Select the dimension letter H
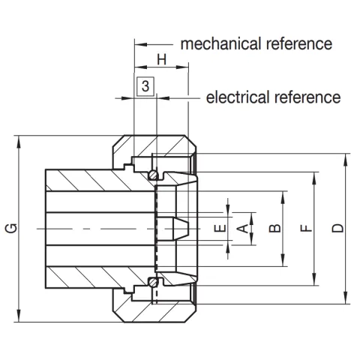pyautogui.click(x=160, y=59)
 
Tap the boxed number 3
pyautogui.click(x=145, y=88)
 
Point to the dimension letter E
pyautogui.click(x=218, y=228)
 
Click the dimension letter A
pyautogui.click(x=242, y=227)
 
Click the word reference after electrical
pyautogui.click(x=310, y=97)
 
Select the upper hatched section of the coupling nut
pyautogui.click(x=154, y=145)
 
